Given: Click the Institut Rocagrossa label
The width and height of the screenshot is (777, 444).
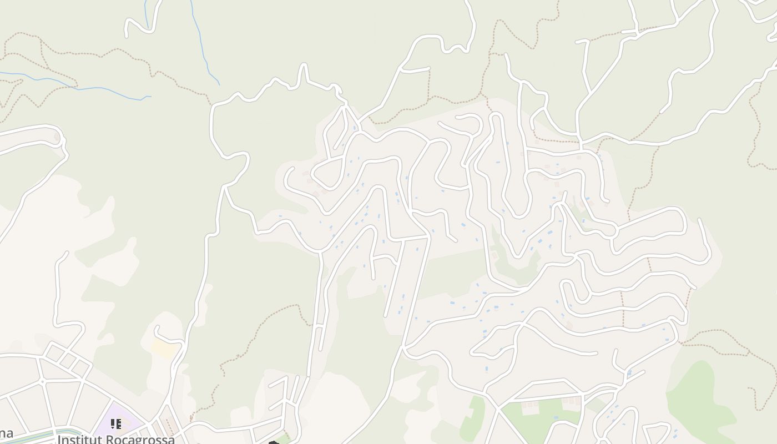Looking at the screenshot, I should click(116, 439).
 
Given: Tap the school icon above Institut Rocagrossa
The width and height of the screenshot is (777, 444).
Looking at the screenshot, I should click(115, 425).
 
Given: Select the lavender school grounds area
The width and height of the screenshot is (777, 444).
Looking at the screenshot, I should click(105, 427).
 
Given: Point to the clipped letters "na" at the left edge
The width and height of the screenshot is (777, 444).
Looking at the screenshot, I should click(6, 433).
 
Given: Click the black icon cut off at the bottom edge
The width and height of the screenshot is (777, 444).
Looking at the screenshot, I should click(273, 442).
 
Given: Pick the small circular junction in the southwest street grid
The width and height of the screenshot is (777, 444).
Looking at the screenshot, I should click(42, 382).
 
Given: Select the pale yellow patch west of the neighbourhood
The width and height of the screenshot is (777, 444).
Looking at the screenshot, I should click(165, 349).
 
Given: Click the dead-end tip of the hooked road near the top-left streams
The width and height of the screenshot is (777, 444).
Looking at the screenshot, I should click(127, 36).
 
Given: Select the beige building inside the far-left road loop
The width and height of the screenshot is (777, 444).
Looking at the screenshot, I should click(56, 137).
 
